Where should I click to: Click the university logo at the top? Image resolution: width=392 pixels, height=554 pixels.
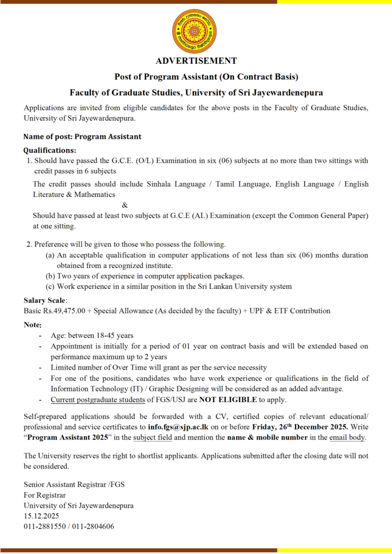[x=196, y=31]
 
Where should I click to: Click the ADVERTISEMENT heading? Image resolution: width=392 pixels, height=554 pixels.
[x=196, y=61]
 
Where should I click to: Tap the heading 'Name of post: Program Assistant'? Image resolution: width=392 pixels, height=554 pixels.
[x=82, y=137]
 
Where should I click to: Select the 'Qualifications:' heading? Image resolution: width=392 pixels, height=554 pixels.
[x=50, y=150]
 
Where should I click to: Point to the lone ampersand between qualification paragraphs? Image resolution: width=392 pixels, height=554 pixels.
[x=126, y=205]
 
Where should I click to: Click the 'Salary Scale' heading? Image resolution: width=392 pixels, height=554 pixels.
[x=45, y=300]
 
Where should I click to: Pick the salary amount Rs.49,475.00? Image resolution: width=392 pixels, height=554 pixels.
[x=63, y=311]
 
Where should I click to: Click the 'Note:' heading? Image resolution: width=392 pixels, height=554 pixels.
[x=32, y=325]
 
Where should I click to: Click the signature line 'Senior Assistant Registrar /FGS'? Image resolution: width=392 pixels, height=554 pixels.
[x=74, y=484]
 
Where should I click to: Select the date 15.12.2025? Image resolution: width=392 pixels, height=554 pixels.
[x=42, y=516]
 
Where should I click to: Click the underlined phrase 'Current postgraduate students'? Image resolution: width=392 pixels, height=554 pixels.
[x=98, y=400]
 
